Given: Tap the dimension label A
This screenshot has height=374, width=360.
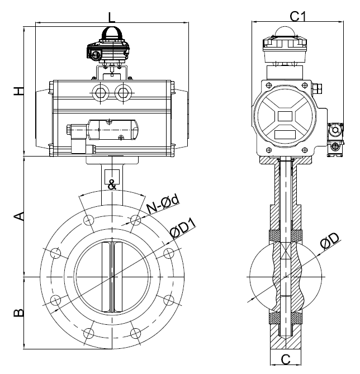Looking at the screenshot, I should [18, 216].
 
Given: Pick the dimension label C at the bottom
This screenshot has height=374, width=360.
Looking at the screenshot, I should [285, 359].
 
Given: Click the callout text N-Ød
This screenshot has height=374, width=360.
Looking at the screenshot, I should [162, 205].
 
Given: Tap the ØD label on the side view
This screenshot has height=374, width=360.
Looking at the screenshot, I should [331, 242].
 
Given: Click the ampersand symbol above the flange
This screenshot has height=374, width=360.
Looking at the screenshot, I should [112, 184].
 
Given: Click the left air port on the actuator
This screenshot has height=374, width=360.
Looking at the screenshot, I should [103, 91].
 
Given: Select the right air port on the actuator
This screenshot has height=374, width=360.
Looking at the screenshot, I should [122, 91].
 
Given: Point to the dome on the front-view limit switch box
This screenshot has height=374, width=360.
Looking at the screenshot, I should [112, 34].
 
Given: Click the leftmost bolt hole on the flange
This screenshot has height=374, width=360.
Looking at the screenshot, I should [55, 254].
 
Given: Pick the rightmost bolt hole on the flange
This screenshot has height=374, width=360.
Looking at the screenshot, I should [168, 254].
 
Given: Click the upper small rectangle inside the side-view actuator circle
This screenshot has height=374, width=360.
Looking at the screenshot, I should [285, 116].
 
